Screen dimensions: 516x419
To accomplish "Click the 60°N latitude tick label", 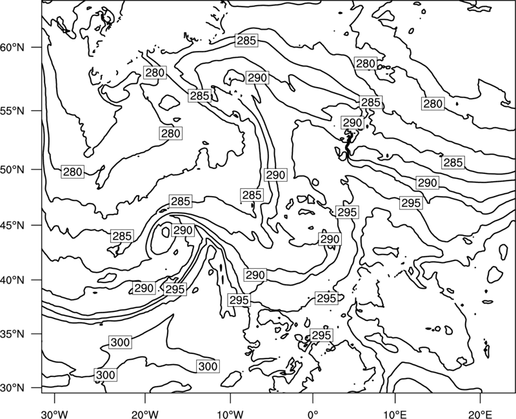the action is pyautogui.click(x=12, y=47).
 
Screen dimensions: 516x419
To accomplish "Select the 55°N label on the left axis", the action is pyautogui.click(x=12, y=110).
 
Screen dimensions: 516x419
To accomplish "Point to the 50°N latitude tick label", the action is pyautogui.click(x=12, y=170).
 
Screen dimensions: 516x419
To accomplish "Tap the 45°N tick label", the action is pyautogui.click(x=12, y=225).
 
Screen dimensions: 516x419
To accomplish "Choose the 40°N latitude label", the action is pyautogui.click(x=12, y=280).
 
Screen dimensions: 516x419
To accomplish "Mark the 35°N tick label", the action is pyautogui.click(x=12, y=334).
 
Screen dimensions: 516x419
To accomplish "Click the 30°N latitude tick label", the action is pyautogui.click(x=12, y=388).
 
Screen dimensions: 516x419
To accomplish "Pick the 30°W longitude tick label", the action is pyautogui.click(x=54, y=414).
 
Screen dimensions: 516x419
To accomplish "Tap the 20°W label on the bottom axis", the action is pyautogui.click(x=144, y=414).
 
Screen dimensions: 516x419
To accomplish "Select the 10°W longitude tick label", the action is pyautogui.click(x=230, y=414).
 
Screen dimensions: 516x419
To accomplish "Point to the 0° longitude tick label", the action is pyautogui.click(x=313, y=414).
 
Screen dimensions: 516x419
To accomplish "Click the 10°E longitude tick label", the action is pyautogui.click(x=395, y=414).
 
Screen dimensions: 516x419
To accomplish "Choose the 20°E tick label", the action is pyautogui.click(x=481, y=414).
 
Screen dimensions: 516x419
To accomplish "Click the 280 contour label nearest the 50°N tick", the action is pyautogui.click(x=73, y=172).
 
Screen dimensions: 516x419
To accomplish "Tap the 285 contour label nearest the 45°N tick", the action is pyautogui.click(x=122, y=236).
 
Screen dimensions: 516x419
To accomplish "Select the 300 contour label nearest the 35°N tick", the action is pyautogui.click(x=120, y=342).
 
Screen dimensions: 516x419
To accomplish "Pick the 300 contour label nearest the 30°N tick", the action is pyautogui.click(x=106, y=375).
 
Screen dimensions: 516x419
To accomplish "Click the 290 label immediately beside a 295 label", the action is pyautogui.click(x=144, y=288).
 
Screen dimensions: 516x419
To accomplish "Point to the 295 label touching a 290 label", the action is pyautogui.click(x=175, y=289).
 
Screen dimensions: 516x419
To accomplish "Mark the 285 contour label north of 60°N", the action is pyautogui.click(x=246, y=41).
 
